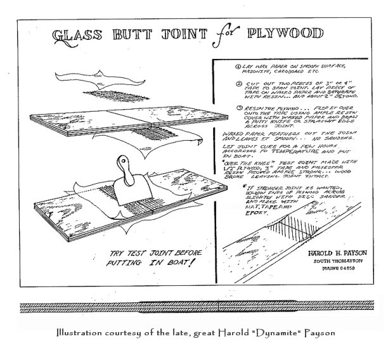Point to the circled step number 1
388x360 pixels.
[219, 66]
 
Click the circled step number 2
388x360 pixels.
[219, 82]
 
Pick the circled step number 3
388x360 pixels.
[219, 108]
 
